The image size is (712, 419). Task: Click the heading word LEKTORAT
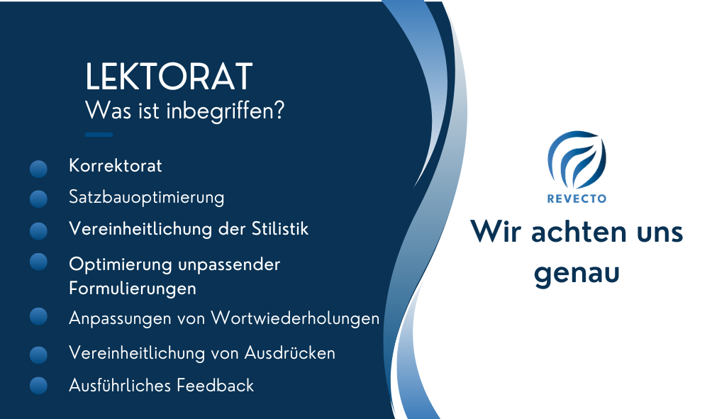(169, 77)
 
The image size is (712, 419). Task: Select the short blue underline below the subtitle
(99, 135)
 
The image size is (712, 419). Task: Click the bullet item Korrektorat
(116, 166)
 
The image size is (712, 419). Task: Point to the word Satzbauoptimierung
(147, 198)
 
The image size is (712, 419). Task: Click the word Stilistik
(280, 228)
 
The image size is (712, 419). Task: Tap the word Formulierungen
(133, 289)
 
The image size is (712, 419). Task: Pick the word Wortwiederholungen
(295, 318)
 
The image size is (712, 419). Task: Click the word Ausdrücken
(290, 353)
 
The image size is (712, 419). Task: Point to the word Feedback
(216, 386)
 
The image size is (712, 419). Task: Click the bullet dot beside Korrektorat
(38, 169)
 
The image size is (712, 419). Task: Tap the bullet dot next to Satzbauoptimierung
(38, 199)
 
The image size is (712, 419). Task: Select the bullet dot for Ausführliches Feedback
(38, 386)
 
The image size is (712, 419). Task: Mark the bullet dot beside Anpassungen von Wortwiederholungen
(38, 316)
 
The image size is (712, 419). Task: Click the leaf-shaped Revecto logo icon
(577, 160)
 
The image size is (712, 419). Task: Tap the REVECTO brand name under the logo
(577, 199)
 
